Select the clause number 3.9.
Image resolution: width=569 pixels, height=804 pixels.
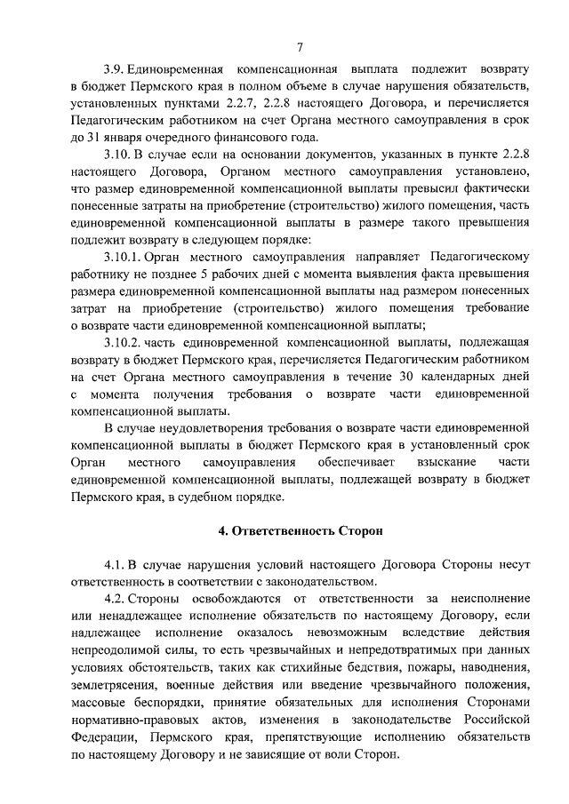115,68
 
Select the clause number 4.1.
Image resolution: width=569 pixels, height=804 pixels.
115,564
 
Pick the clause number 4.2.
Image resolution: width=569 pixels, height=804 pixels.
115,599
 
